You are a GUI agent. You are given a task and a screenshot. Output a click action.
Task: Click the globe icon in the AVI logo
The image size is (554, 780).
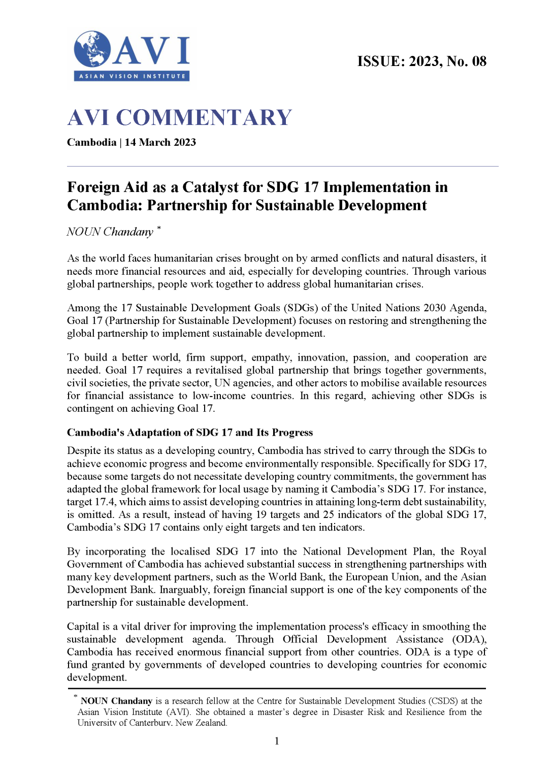point(92,49)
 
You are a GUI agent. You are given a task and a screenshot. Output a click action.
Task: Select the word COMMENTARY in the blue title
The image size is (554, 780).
point(204,118)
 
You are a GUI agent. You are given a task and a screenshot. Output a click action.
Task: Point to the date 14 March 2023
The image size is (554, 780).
point(160,142)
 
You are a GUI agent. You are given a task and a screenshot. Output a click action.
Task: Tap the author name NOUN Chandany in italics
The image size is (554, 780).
point(110,232)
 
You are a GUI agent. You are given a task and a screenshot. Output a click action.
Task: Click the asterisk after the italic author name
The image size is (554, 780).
point(158,229)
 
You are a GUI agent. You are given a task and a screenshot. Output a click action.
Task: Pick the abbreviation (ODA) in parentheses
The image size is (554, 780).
point(469,639)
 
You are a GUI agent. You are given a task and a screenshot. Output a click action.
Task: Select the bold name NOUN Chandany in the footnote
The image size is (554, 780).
point(116,701)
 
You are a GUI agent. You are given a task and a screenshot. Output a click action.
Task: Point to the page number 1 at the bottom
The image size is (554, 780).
point(277,741)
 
